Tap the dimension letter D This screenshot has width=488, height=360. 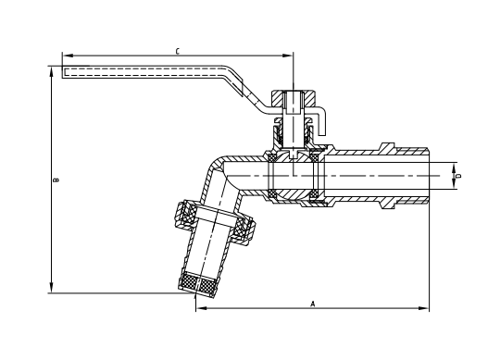[457, 173]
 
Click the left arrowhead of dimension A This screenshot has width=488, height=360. [198, 308]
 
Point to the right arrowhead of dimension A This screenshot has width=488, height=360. [426, 308]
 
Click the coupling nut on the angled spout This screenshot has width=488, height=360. [215, 223]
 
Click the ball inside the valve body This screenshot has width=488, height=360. [294, 173]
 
